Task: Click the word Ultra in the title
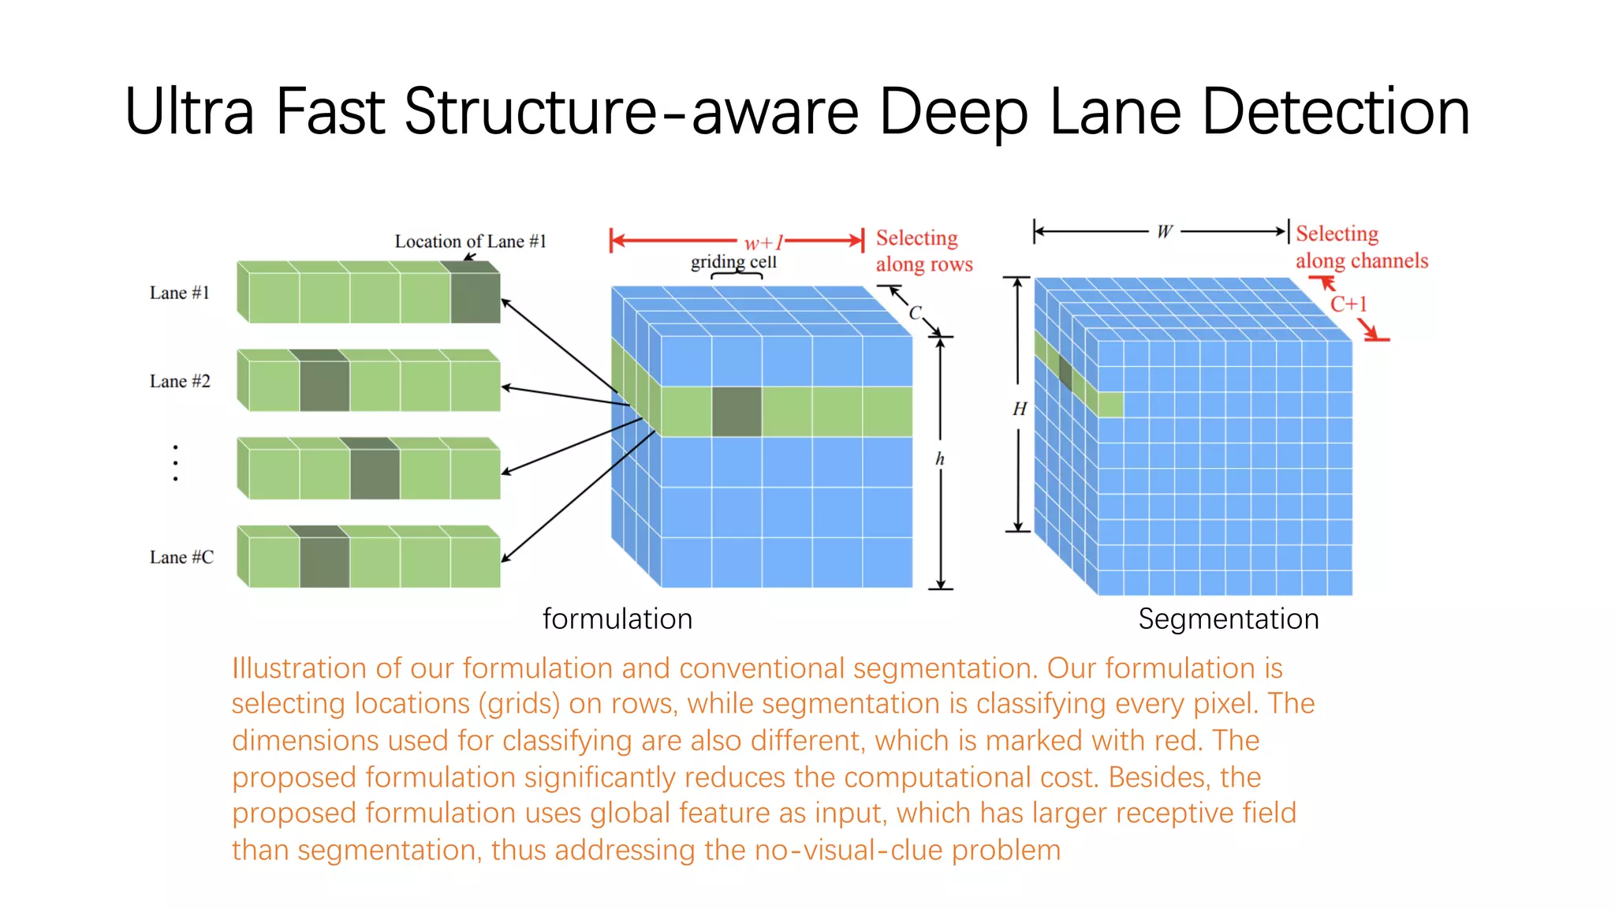click(189, 112)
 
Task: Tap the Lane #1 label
click(180, 293)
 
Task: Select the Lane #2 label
click(180, 381)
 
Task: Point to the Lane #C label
click(181, 557)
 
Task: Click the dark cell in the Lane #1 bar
click(476, 297)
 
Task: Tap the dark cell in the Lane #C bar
click(324, 562)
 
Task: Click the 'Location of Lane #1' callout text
click(470, 241)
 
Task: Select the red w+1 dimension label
click(763, 242)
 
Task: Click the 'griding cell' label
click(733, 261)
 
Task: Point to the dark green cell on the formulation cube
click(737, 411)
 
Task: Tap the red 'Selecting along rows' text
click(923, 251)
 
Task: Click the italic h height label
click(939, 458)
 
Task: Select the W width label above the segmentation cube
click(1164, 231)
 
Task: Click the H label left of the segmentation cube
click(1019, 409)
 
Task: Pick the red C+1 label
click(1348, 304)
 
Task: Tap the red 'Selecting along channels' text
click(1360, 247)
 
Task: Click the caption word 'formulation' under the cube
click(617, 619)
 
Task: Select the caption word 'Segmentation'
click(1228, 619)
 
